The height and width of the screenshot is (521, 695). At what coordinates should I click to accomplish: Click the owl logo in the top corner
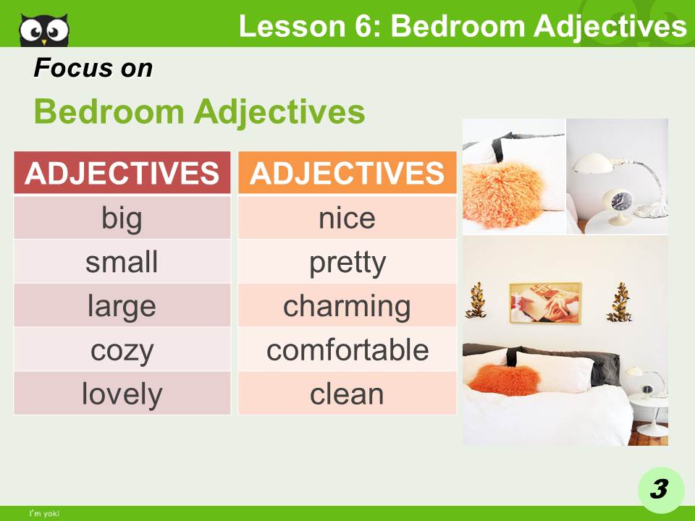click(x=44, y=29)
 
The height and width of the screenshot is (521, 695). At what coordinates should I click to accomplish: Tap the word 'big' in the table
click(x=122, y=218)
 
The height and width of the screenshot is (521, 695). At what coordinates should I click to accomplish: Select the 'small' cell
click(x=122, y=262)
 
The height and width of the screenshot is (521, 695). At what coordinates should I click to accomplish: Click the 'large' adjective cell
click(x=122, y=306)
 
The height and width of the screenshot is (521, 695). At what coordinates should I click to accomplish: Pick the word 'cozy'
click(x=122, y=350)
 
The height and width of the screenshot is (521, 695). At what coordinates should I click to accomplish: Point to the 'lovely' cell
click(x=122, y=394)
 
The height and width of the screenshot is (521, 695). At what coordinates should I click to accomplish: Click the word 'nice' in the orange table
click(x=347, y=218)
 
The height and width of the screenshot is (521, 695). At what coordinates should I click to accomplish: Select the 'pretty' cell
click(x=347, y=262)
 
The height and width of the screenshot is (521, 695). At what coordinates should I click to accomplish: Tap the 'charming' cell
click(x=347, y=306)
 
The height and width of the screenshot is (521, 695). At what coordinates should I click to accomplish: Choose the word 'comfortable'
click(x=347, y=350)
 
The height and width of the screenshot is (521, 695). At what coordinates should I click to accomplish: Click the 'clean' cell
click(x=347, y=394)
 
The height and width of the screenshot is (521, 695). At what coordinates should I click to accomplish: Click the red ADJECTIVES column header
click(x=122, y=174)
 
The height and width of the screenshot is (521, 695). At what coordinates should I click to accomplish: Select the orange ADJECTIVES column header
click(x=347, y=174)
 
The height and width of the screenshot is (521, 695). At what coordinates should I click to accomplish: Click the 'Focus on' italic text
click(x=93, y=69)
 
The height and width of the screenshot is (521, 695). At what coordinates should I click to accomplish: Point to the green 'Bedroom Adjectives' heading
click(x=199, y=112)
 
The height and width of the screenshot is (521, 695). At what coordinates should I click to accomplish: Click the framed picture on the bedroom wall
click(x=545, y=302)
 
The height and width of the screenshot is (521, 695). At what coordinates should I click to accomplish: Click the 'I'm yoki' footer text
click(x=43, y=514)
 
